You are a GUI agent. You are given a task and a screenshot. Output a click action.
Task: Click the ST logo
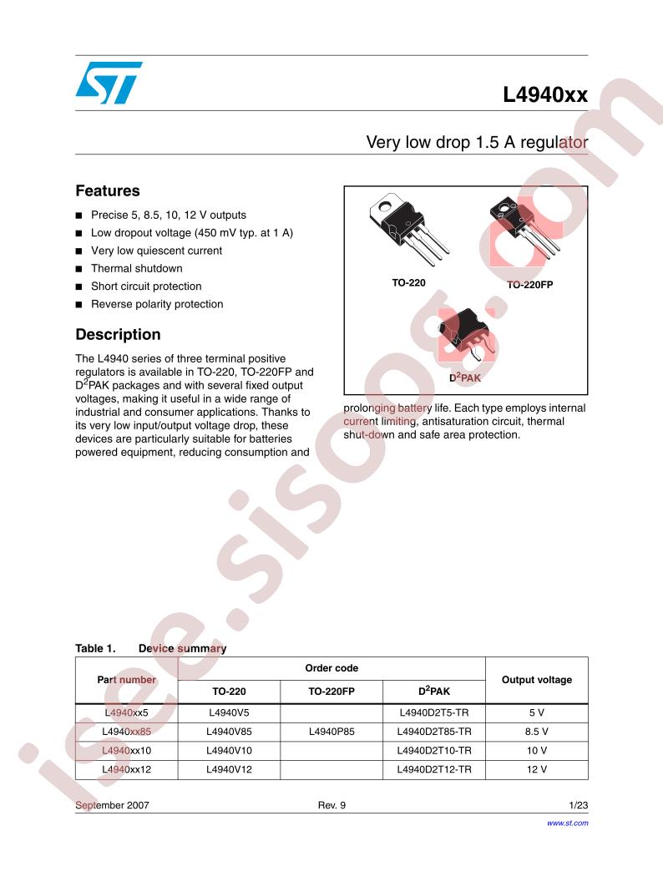coord(108,83)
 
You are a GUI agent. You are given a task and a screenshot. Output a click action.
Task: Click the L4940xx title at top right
coord(544,95)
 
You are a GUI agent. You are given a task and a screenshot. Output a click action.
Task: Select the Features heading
coord(108,191)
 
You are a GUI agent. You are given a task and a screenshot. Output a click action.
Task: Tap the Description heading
coord(118,335)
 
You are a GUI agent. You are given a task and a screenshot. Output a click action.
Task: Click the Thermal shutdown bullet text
coord(136,268)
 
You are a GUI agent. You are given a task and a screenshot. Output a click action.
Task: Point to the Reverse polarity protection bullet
coord(157,304)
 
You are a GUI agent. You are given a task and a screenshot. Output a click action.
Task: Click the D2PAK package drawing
coord(467,336)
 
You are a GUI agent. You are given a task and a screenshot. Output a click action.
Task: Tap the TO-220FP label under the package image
coord(530,285)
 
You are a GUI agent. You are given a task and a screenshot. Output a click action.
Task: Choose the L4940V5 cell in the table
coord(229,713)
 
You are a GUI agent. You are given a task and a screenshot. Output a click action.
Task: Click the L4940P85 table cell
coord(331,732)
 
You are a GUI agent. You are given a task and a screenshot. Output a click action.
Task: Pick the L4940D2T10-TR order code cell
coord(435,750)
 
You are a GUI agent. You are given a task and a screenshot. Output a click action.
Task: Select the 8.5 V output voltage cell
coord(536,732)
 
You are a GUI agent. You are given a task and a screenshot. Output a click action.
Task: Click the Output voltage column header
coord(536,680)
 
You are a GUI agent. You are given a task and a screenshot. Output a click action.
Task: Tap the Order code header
coord(331,668)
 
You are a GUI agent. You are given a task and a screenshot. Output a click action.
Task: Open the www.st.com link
coord(567,823)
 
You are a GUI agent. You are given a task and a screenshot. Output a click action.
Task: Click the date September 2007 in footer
coord(112,806)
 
